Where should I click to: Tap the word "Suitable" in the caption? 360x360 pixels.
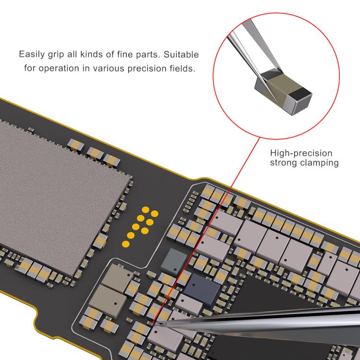pos(181,55)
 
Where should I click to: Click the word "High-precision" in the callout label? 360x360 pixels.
pos(301,153)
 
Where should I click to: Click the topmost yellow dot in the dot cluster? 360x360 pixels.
pos(145,210)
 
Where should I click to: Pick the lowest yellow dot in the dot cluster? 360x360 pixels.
pos(126,244)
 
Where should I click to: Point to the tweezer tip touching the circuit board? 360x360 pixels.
pos(154,324)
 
